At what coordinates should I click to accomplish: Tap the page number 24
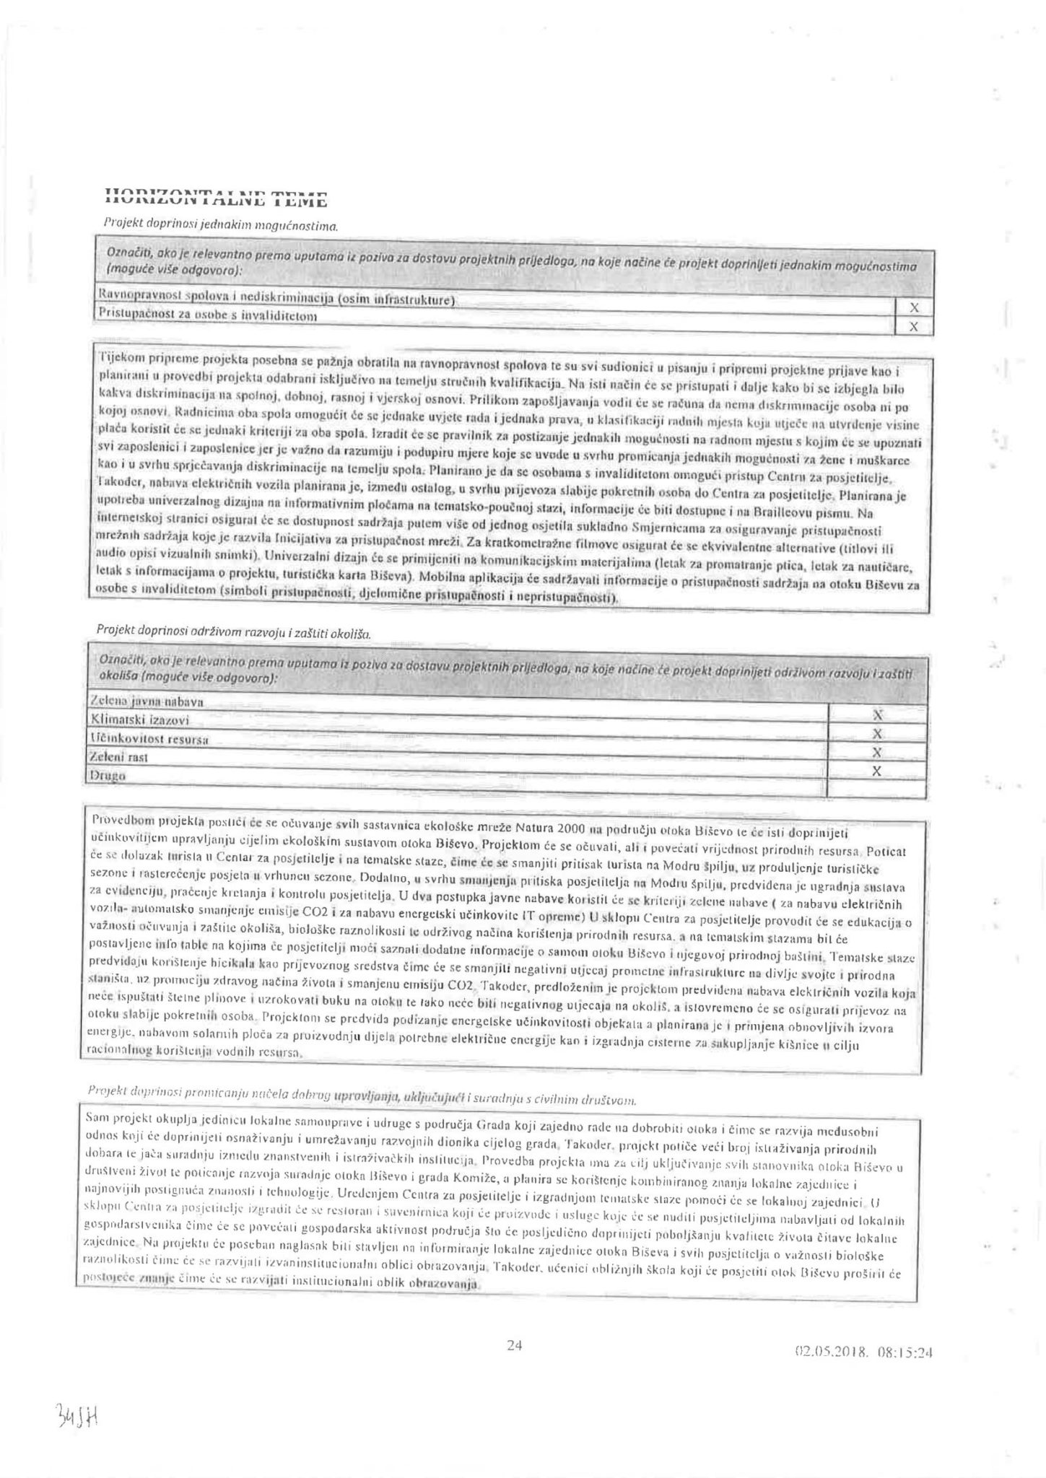click(515, 1344)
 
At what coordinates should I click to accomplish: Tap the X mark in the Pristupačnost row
click(914, 327)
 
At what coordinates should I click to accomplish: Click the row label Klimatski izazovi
click(138, 720)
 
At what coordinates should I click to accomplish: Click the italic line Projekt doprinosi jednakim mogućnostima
click(219, 226)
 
